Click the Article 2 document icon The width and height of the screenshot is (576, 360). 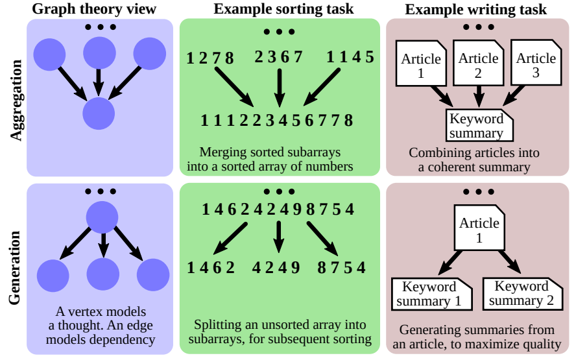478,64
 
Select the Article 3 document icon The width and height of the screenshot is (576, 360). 536,64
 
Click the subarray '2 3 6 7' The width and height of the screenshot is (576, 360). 279,57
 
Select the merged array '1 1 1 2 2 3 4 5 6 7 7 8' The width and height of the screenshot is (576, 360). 277,120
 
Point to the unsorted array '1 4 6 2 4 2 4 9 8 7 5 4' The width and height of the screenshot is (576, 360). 278,210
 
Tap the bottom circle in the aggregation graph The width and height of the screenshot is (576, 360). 99,114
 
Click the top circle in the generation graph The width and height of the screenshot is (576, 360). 102,216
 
